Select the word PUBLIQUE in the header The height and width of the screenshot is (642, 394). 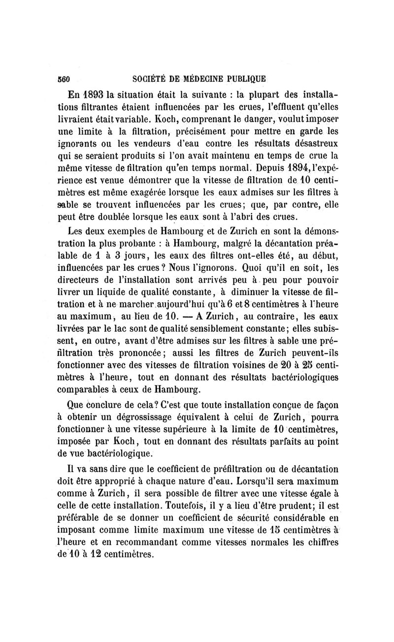(246, 78)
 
